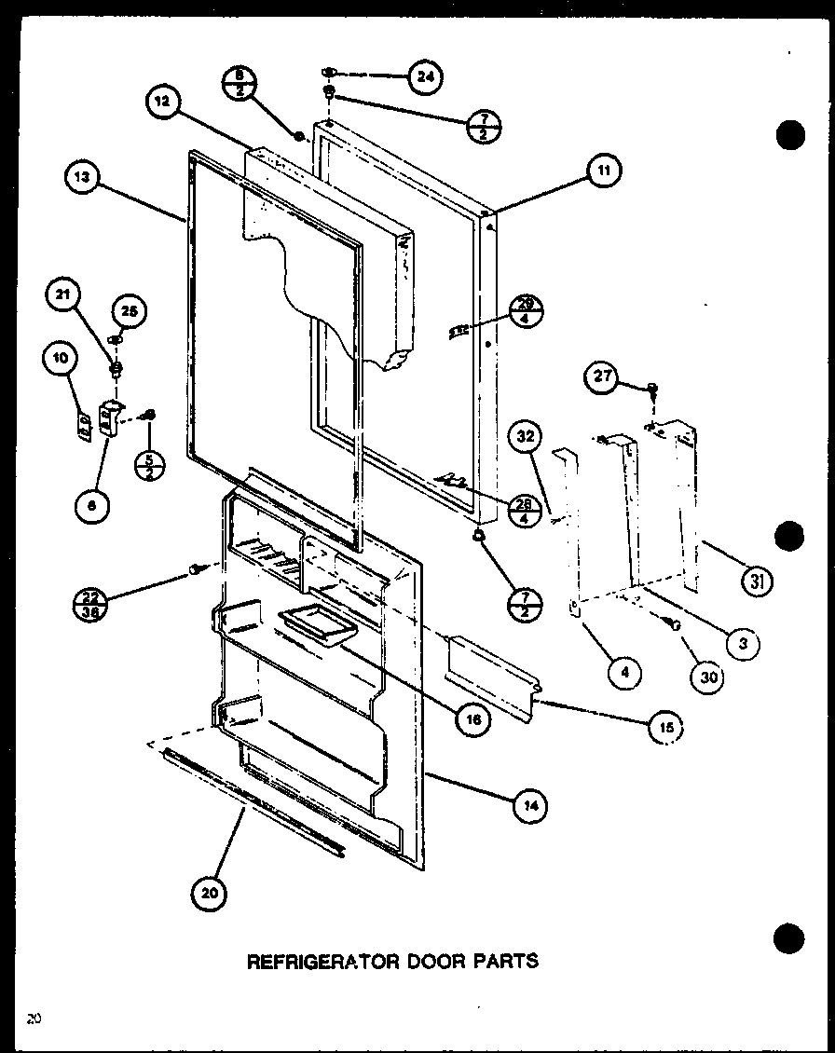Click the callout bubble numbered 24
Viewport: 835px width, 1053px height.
425,77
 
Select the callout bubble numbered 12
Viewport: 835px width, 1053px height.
164,103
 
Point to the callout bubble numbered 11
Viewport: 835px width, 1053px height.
603,170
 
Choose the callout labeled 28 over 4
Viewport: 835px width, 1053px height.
526,510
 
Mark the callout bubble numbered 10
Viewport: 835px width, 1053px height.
59,358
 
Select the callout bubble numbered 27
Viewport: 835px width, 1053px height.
601,376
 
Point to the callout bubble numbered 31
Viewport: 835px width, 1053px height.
755,583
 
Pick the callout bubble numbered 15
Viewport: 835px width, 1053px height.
665,727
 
